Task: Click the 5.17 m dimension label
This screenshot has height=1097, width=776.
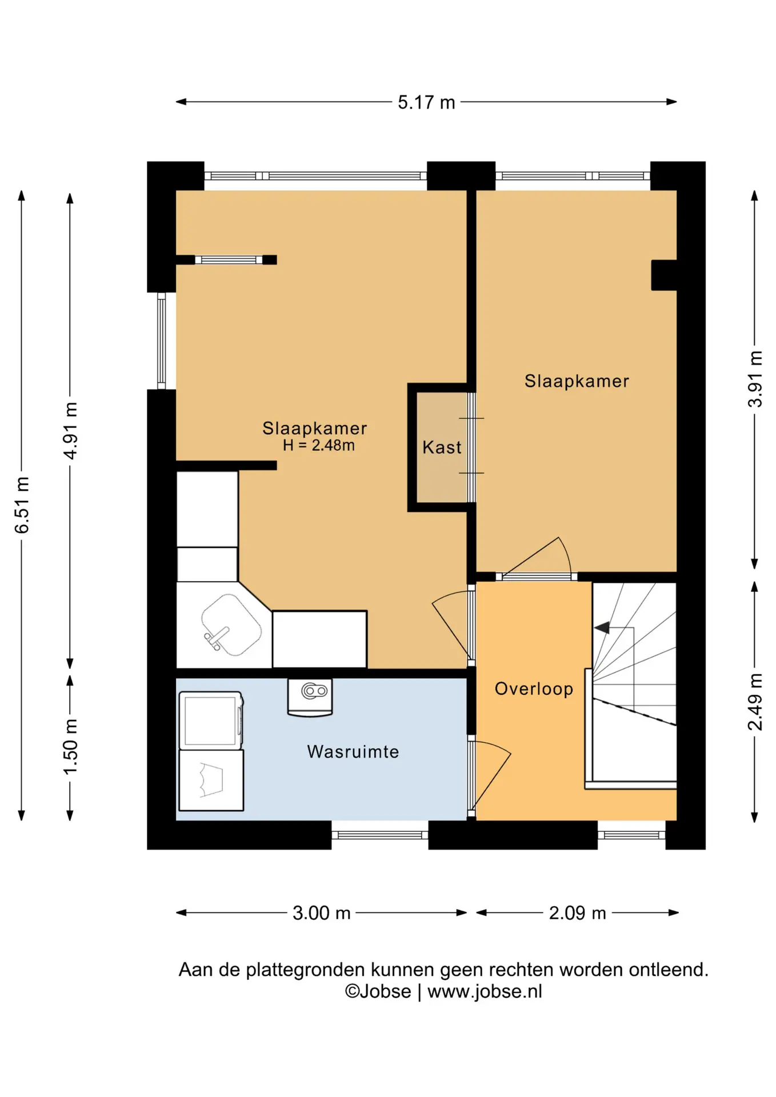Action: (x=426, y=102)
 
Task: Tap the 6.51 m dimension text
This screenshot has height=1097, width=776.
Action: (x=22, y=505)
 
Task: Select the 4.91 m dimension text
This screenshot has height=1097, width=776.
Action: (x=70, y=431)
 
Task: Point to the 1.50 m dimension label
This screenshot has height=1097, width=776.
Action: (x=70, y=747)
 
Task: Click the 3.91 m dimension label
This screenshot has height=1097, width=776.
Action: (x=755, y=379)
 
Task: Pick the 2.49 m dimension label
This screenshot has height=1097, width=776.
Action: (x=755, y=702)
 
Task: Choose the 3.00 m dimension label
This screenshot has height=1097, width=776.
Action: (x=321, y=913)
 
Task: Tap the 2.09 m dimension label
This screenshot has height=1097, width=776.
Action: (x=577, y=913)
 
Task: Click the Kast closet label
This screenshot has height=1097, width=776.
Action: (x=442, y=447)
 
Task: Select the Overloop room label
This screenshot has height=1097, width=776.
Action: (x=534, y=689)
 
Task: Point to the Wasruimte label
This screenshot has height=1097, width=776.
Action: (x=353, y=751)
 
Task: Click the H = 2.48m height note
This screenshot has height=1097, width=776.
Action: (x=319, y=445)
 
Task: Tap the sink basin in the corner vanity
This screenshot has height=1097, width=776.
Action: (x=231, y=624)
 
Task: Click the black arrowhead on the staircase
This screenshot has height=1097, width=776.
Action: (x=602, y=628)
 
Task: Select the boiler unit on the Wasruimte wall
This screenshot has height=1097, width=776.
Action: (x=310, y=697)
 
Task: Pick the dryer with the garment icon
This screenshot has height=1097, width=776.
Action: (x=211, y=780)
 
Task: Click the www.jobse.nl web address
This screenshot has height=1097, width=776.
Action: (x=485, y=991)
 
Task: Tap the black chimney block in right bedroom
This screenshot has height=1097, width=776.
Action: (x=664, y=275)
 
